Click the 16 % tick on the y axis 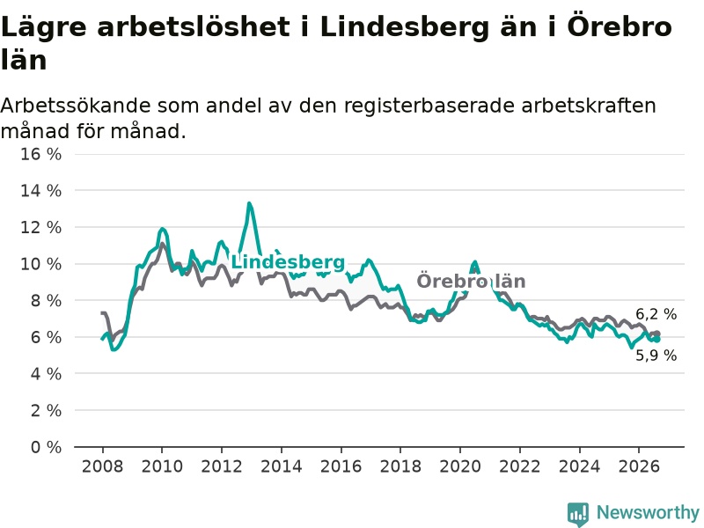pyautogui.click(x=40, y=155)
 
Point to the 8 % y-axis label pyautogui.click(x=46, y=301)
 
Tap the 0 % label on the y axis pyautogui.click(x=46, y=447)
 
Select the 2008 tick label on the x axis pyautogui.click(x=102, y=466)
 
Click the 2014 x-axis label pyautogui.click(x=282, y=466)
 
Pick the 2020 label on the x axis pyautogui.click(x=460, y=466)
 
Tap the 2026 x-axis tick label pyautogui.click(x=639, y=466)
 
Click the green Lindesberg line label pyautogui.click(x=288, y=262)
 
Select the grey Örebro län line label pyautogui.click(x=471, y=282)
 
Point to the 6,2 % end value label pyautogui.click(x=656, y=314)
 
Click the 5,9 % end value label pyautogui.click(x=656, y=356)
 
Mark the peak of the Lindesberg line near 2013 pyautogui.click(x=249, y=204)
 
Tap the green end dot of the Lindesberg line pyautogui.click(x=657, y=340)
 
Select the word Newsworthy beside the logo pyautogui.click(x=648, y=512)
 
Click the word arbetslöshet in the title pyautogui.click(x=194, y=27)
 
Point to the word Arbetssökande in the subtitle pyautogui.click(x=76, y=106)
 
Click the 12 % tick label pyautogui.click(x=40, y=228)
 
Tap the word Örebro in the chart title pyautogui.click(x=620, y=26)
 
